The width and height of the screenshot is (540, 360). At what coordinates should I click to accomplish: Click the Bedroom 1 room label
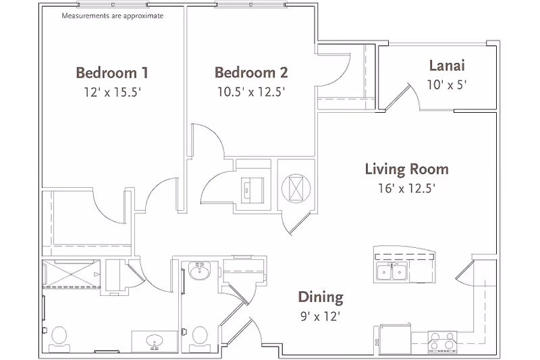coord(112,72)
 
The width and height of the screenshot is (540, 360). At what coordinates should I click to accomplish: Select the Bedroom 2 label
coord(245,72)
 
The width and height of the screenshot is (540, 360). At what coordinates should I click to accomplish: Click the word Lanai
coord(448,66)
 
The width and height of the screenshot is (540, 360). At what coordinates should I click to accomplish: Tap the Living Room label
coord(406,169)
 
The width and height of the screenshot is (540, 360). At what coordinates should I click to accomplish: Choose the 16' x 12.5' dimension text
coord(406,188)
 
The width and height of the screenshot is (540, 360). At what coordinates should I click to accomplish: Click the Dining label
coord(321,297)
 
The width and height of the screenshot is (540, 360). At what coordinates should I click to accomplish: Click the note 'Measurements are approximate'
coord(112,14)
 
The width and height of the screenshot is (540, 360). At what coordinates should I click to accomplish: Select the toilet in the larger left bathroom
coord(58,336)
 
